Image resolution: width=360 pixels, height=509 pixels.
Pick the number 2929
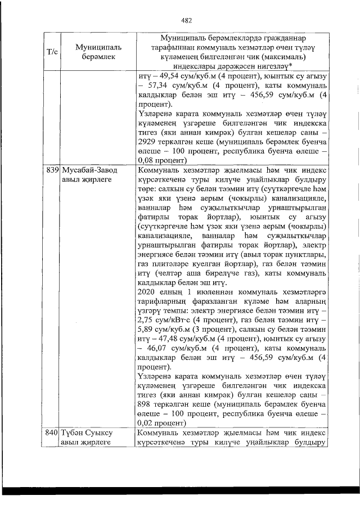coord(148,142)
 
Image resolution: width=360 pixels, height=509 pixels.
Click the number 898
coord(146,406)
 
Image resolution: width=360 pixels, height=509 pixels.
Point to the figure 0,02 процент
coord(160,423)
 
